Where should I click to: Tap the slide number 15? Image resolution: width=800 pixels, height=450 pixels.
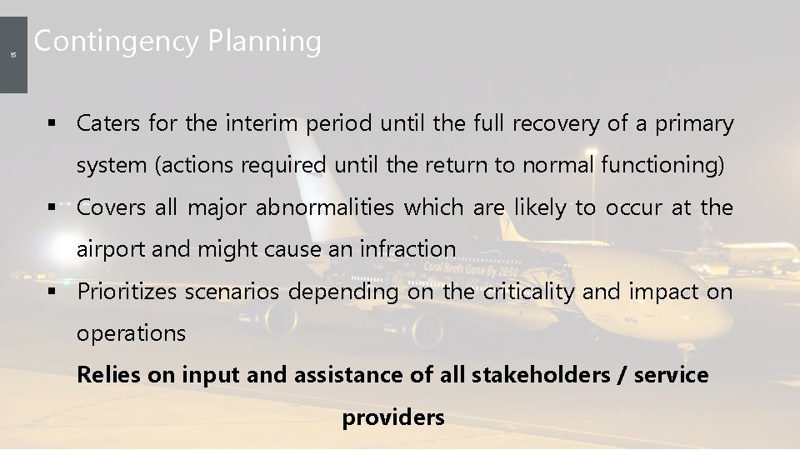[x=12, y=55]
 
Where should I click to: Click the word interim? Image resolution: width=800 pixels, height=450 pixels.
[x=261, y=124]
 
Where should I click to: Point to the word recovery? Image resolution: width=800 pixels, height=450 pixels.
[x=556, y=124]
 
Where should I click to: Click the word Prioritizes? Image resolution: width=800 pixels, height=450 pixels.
[x=127, y=292]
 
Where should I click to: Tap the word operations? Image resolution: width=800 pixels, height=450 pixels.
[x=131, y=333]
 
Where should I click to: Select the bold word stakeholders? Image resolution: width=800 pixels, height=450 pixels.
[x=540, y=375]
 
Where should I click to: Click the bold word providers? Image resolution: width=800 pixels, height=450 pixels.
[x=393, y=417]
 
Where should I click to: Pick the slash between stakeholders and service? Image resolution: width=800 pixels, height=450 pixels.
[x=622, y=375]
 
